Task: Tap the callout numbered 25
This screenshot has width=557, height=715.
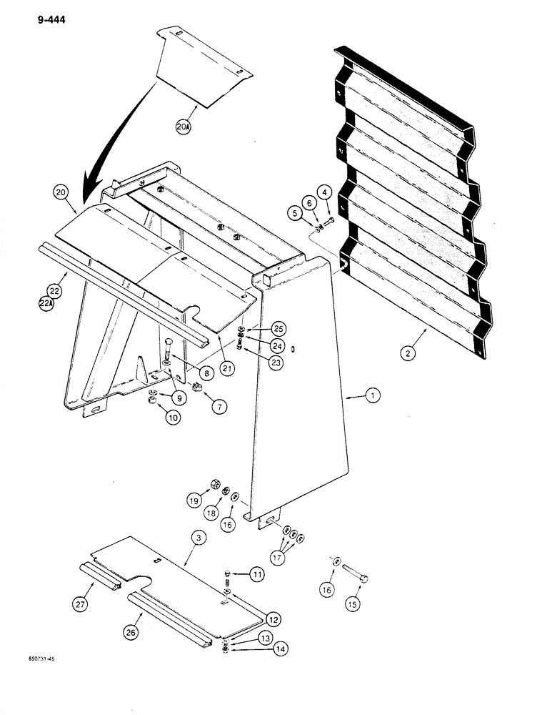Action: [x=277, y=327]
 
